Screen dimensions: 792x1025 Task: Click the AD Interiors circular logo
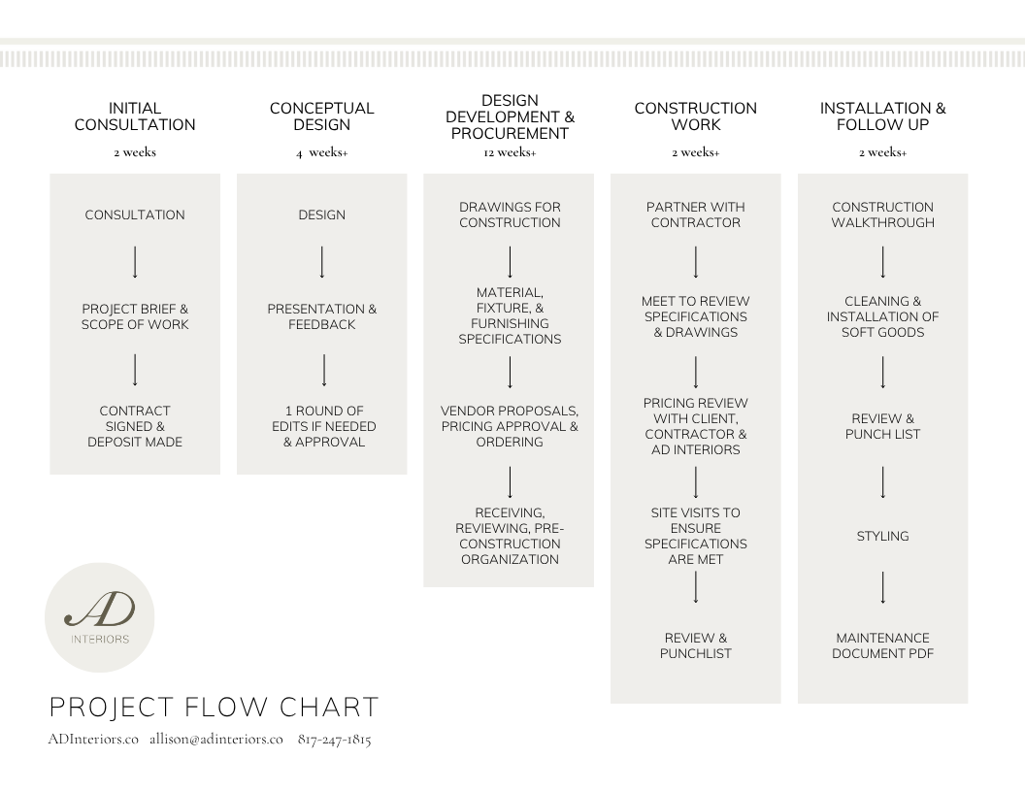pos(100,617)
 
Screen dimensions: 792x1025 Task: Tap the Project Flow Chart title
pos(214,707)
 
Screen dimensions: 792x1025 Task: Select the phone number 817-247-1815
pos(334,740)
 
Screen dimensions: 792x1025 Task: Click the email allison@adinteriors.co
pos(216,740)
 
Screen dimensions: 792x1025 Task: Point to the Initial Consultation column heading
pos(135,116)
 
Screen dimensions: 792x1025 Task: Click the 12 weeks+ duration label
pos(509,152)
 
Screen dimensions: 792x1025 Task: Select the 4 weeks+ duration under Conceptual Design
pos(321,152)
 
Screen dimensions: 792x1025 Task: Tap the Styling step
pos(882,536)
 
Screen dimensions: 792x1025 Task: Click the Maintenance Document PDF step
pos(882,645)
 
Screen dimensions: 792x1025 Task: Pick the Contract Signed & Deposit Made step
pos(135,426)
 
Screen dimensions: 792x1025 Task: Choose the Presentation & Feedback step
pos(321,316)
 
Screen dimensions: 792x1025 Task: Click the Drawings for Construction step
pos(510,214)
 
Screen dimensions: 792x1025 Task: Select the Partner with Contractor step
pos(695,214)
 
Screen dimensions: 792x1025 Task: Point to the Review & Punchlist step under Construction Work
pos(695,645)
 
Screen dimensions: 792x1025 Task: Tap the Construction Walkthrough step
pos(882,214)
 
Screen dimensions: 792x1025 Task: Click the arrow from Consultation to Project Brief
pos(135,262)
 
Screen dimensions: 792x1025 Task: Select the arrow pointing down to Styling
pos(882,482)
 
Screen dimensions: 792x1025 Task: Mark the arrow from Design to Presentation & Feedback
pos(322,262)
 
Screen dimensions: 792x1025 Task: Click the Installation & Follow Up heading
pos(882,116)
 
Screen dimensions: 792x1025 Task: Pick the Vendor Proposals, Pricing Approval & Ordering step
pos(510,426)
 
